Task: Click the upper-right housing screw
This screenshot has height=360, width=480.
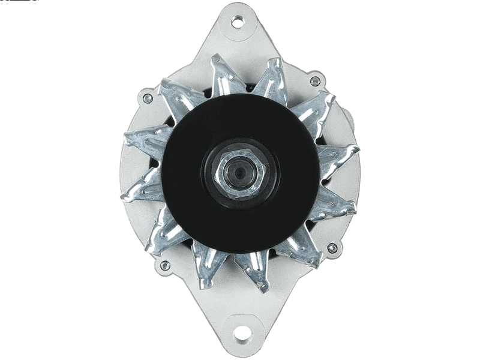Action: pos(314,81)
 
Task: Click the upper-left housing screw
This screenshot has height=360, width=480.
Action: pos(143,96)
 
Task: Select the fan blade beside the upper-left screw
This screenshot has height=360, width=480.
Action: pos(174,96)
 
